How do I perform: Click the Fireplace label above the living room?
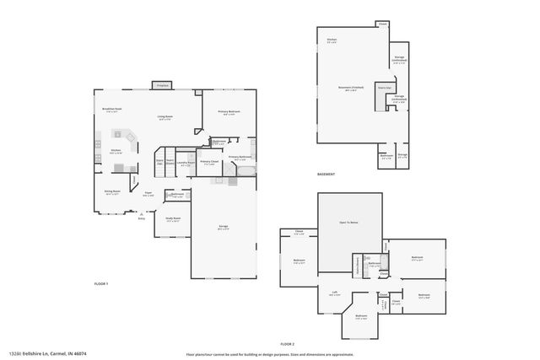point(163,84)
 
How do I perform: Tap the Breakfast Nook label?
point(113,109)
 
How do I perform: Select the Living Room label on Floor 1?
point(165,117)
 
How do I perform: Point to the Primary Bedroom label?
point(229,111)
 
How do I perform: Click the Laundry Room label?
point(186,163)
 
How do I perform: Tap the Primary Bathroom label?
point(239,157)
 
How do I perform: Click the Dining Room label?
point(112,191)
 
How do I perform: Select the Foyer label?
point(148,193)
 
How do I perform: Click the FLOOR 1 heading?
point(101,284)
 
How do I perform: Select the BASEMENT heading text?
point(326,174)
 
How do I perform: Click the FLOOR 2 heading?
point(288,344)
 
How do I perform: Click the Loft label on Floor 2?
point(334,293)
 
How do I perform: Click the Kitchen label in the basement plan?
point(332,40)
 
